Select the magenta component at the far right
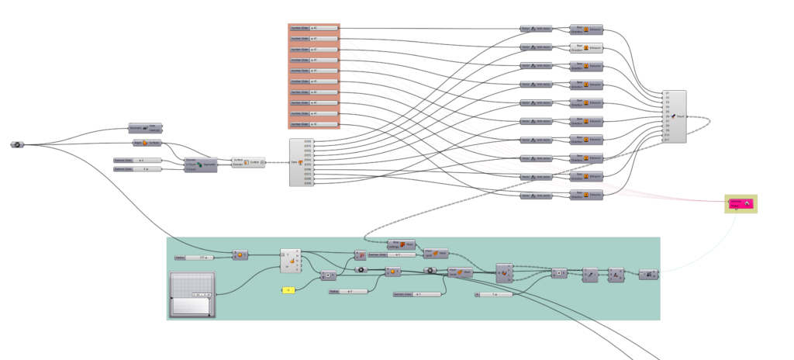coord(740,203)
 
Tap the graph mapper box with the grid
coord(193,294)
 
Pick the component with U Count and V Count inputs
coord(200,165)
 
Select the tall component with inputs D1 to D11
coord(675,116)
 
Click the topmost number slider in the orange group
coord(314,28)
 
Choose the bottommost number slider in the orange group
coord(314,124)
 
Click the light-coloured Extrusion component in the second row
coord(587,47)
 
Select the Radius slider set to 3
coord(347,292)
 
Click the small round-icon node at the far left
coord(16,144)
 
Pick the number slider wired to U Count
coord(137,160)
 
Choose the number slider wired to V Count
coord(137,168)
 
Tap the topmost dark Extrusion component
coord(587,29)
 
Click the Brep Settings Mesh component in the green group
coord(401,244)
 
